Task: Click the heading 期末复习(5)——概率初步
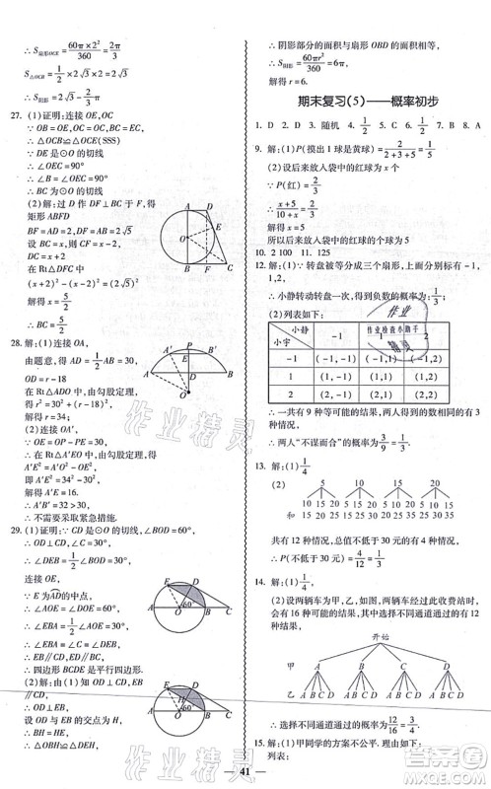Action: pyautogui.click(x=367, y=103)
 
